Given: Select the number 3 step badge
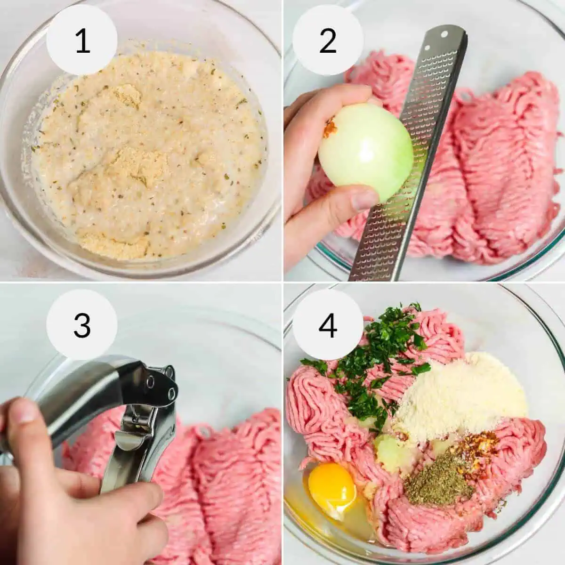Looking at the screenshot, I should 82,324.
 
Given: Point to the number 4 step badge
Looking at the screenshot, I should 328,324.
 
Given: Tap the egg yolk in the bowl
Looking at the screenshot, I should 332,484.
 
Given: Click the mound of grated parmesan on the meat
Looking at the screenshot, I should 459,395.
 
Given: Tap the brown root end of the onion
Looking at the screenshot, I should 330,127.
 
